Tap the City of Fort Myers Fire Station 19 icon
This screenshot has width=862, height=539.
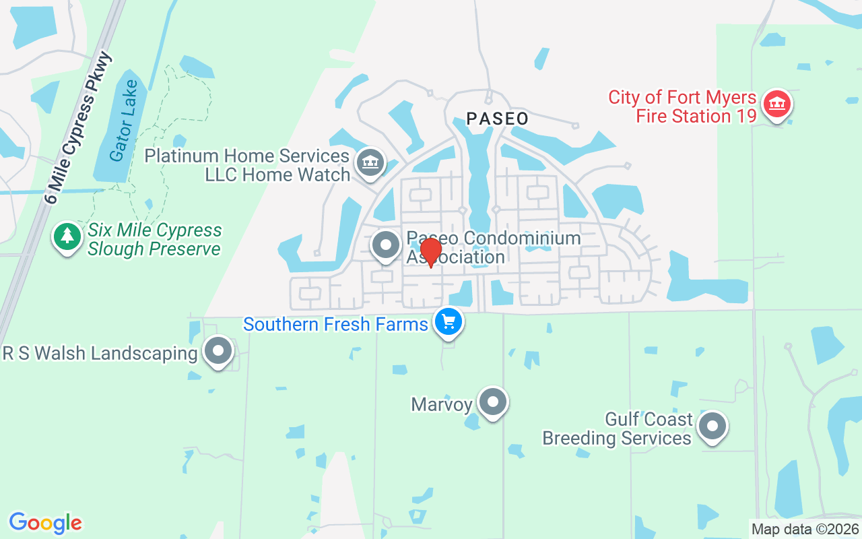777,104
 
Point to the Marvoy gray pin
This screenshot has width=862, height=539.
492,402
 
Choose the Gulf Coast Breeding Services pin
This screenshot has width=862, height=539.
712,426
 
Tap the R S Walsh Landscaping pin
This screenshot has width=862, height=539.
218,351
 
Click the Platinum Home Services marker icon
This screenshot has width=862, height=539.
369,162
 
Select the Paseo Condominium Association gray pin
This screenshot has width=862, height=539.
387,245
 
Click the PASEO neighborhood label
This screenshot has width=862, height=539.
497,119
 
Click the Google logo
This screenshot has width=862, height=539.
45,523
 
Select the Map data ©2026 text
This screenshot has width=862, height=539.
805,530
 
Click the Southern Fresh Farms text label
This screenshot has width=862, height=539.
335,324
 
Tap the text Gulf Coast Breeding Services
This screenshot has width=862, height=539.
617,429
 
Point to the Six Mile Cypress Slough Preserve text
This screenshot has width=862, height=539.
154,239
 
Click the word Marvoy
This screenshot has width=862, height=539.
442,404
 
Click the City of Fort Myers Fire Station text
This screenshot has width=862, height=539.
682,106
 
